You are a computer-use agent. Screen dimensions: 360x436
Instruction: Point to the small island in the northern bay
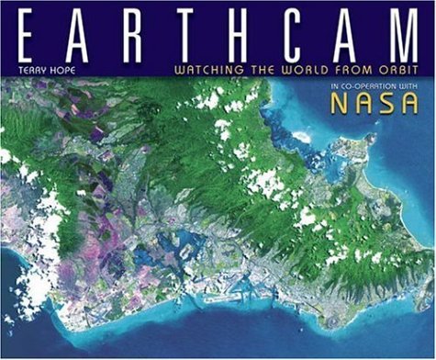(300, 135)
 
